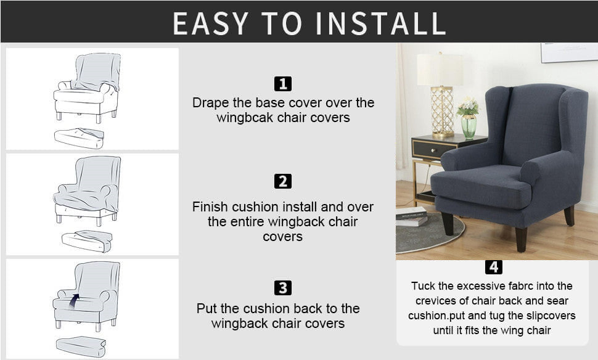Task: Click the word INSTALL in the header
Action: [x=380, y=23]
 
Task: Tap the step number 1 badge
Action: [x=282, y=84]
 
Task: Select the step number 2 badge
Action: [x=282, y=181]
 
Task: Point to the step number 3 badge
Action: [x=282, y=288]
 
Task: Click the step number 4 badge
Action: [x=493, y=267]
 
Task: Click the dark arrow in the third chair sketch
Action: [x=74, y=300]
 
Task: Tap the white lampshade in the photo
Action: [x=440, y=70]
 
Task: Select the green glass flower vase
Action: [x=469, y=126]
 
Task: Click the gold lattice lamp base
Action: [x=442, y=112]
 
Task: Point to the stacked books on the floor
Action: [x=411, y=216]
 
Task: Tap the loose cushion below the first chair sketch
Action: [x=79, y=138]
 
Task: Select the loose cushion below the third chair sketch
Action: [x=81, y=346]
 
